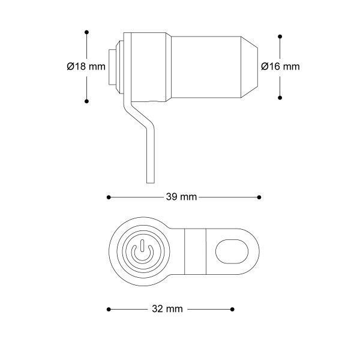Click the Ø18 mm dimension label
86,67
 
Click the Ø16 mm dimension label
280,67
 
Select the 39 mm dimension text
181,197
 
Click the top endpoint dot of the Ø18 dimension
86,31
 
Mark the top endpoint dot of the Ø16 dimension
280,35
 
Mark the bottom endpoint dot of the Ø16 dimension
280,98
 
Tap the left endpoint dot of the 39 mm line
108,197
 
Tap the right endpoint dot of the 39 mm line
259,197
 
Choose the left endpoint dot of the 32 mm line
108,309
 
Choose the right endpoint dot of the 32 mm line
233,309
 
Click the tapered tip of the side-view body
250,66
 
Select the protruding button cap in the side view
112,66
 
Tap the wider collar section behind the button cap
147,66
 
